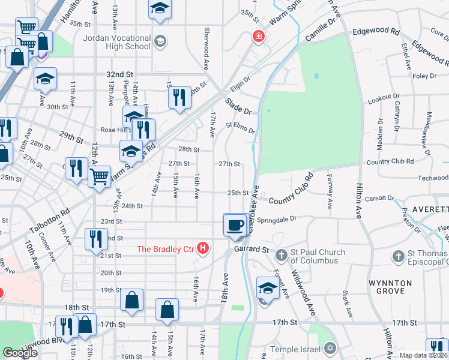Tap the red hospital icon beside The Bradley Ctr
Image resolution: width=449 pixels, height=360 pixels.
pyautogui.click(x=203, y=248)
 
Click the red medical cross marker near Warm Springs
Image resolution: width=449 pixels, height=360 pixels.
pyautogui.click(x=258, y=36)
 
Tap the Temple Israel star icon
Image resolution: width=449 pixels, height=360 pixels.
pyautogui.click(x=329, y=348)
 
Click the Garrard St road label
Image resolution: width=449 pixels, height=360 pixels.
pyautogui.click(x=252, y=248)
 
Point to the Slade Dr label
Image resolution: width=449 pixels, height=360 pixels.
pyautogui.click(x=238, y=106)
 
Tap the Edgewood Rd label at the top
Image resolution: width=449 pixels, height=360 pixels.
pyautogui.click(x=376, y=31)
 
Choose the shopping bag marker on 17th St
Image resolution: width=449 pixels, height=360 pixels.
pyautogui.click(x=167, y=310)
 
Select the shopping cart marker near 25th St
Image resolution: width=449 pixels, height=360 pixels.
pyautogui.click(x=99, y=176)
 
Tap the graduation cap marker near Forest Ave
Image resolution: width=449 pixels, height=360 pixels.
pyautogui.click(x=268, y=287)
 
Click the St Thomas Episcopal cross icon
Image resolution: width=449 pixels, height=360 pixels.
pyautogui.click(x=397, y=256)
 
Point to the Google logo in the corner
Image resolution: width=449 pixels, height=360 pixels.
pyautogui.click(x=19, y=353)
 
